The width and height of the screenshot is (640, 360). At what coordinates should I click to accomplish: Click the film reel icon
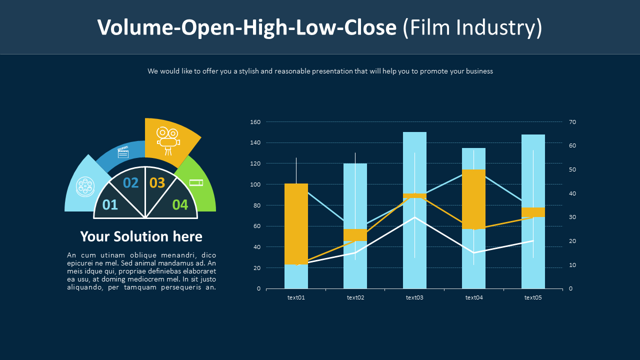pos(85,186)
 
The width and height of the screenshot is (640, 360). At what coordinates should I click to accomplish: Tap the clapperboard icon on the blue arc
pos(123,152)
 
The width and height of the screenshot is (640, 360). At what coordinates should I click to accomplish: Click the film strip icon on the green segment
pos(196,182)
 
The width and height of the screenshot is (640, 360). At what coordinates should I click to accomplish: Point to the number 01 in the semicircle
pos(110,204)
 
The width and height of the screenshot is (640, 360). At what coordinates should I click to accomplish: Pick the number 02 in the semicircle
pos(130,183)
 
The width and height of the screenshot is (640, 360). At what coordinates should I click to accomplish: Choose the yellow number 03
pos(157,183)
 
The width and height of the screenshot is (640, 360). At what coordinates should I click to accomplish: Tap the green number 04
pos(180,204)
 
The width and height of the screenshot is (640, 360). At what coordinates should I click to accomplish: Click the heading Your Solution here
pos(141,236)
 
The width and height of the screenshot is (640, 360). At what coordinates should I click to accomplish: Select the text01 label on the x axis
pos(296,297)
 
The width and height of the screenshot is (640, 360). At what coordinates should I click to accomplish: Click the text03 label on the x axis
pos(414,297)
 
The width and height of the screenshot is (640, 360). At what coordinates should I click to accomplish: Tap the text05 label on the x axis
pos(533,297)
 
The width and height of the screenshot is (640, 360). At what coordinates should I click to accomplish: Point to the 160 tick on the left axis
pos(255,122)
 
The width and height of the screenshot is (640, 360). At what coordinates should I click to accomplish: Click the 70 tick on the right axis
pos(573,122)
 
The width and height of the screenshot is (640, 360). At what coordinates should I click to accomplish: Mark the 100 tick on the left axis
pos(255,184)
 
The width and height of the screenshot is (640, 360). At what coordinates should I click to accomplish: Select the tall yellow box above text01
pos(296,223)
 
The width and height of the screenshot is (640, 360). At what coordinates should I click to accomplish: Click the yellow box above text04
pos(473,199)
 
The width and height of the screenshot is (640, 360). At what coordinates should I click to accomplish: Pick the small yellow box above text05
pos(533,212)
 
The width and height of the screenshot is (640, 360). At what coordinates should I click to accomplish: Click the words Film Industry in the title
pos(472,27)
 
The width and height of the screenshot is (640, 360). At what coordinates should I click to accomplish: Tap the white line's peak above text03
pos(414,217)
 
